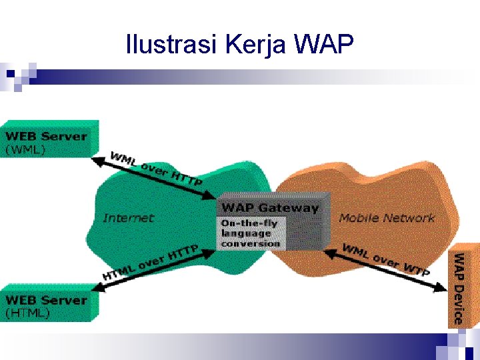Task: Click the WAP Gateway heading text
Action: (x=270, y=207)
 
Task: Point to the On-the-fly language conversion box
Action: (x=251, y=233)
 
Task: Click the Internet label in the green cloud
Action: (x=128, y=218)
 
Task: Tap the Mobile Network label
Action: (x=386, y=218)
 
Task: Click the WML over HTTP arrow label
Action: (x=157, y=169)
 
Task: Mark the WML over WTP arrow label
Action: (x=385, y=260)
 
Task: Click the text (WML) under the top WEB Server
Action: (x=25, y=149)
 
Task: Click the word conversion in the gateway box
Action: (x=251, y=243)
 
